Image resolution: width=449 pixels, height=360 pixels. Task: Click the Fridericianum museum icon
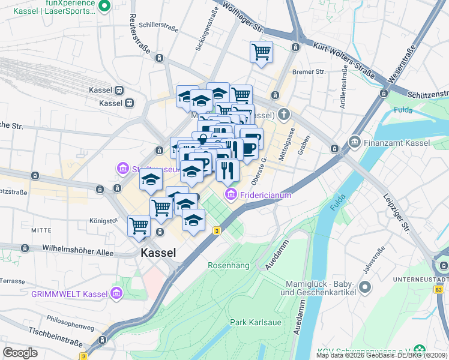(x=231, y=195)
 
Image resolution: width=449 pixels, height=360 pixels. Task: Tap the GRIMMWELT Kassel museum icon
(x=116, y=293)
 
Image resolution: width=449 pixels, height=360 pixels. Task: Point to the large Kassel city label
(x=158, y=253)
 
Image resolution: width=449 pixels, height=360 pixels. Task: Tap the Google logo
(x=20, y=352)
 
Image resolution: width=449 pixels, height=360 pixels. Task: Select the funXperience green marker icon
(x=104, y=6)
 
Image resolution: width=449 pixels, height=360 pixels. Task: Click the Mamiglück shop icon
(x=364, y=290)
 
